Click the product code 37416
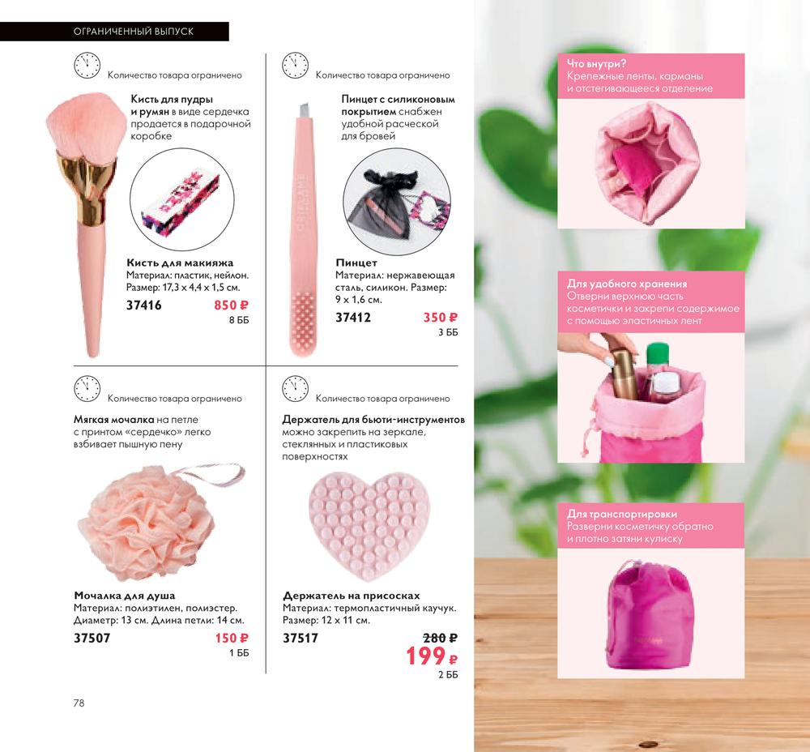pos(143,305)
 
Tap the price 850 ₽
pos(232,305)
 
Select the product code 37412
pos(353,318)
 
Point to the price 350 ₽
pos(441,318)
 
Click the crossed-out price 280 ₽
pos(441,639)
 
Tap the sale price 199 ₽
pos(432,656)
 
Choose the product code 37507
pos(92,639)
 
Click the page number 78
pos(79,703)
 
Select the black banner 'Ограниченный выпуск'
pos(114,32)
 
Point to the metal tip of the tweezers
pos(305,110)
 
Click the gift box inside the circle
pos(181,207)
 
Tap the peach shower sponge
pos(147,528)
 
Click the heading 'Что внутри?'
pos(597,63)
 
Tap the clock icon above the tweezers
pos(295,66)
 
